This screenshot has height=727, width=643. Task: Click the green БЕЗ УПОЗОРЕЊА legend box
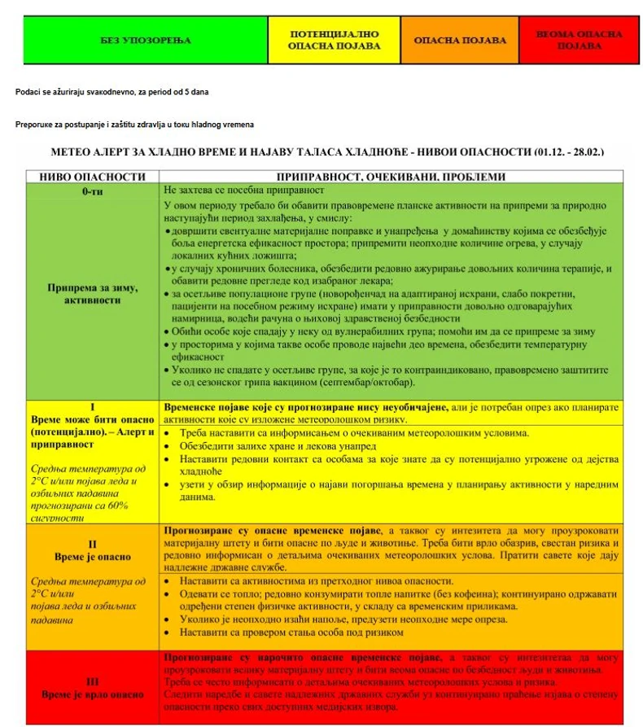point(145,40)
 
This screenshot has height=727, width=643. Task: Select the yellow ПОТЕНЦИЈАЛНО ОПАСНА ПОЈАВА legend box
point(334,40)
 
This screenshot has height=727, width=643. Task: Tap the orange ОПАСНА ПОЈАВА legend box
point(460,40)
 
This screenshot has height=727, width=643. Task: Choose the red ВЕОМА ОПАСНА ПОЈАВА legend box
point(580,40)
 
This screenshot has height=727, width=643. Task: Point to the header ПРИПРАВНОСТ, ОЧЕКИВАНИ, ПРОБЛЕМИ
point(391,177)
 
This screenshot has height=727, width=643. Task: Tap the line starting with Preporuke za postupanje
point(134,124)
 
